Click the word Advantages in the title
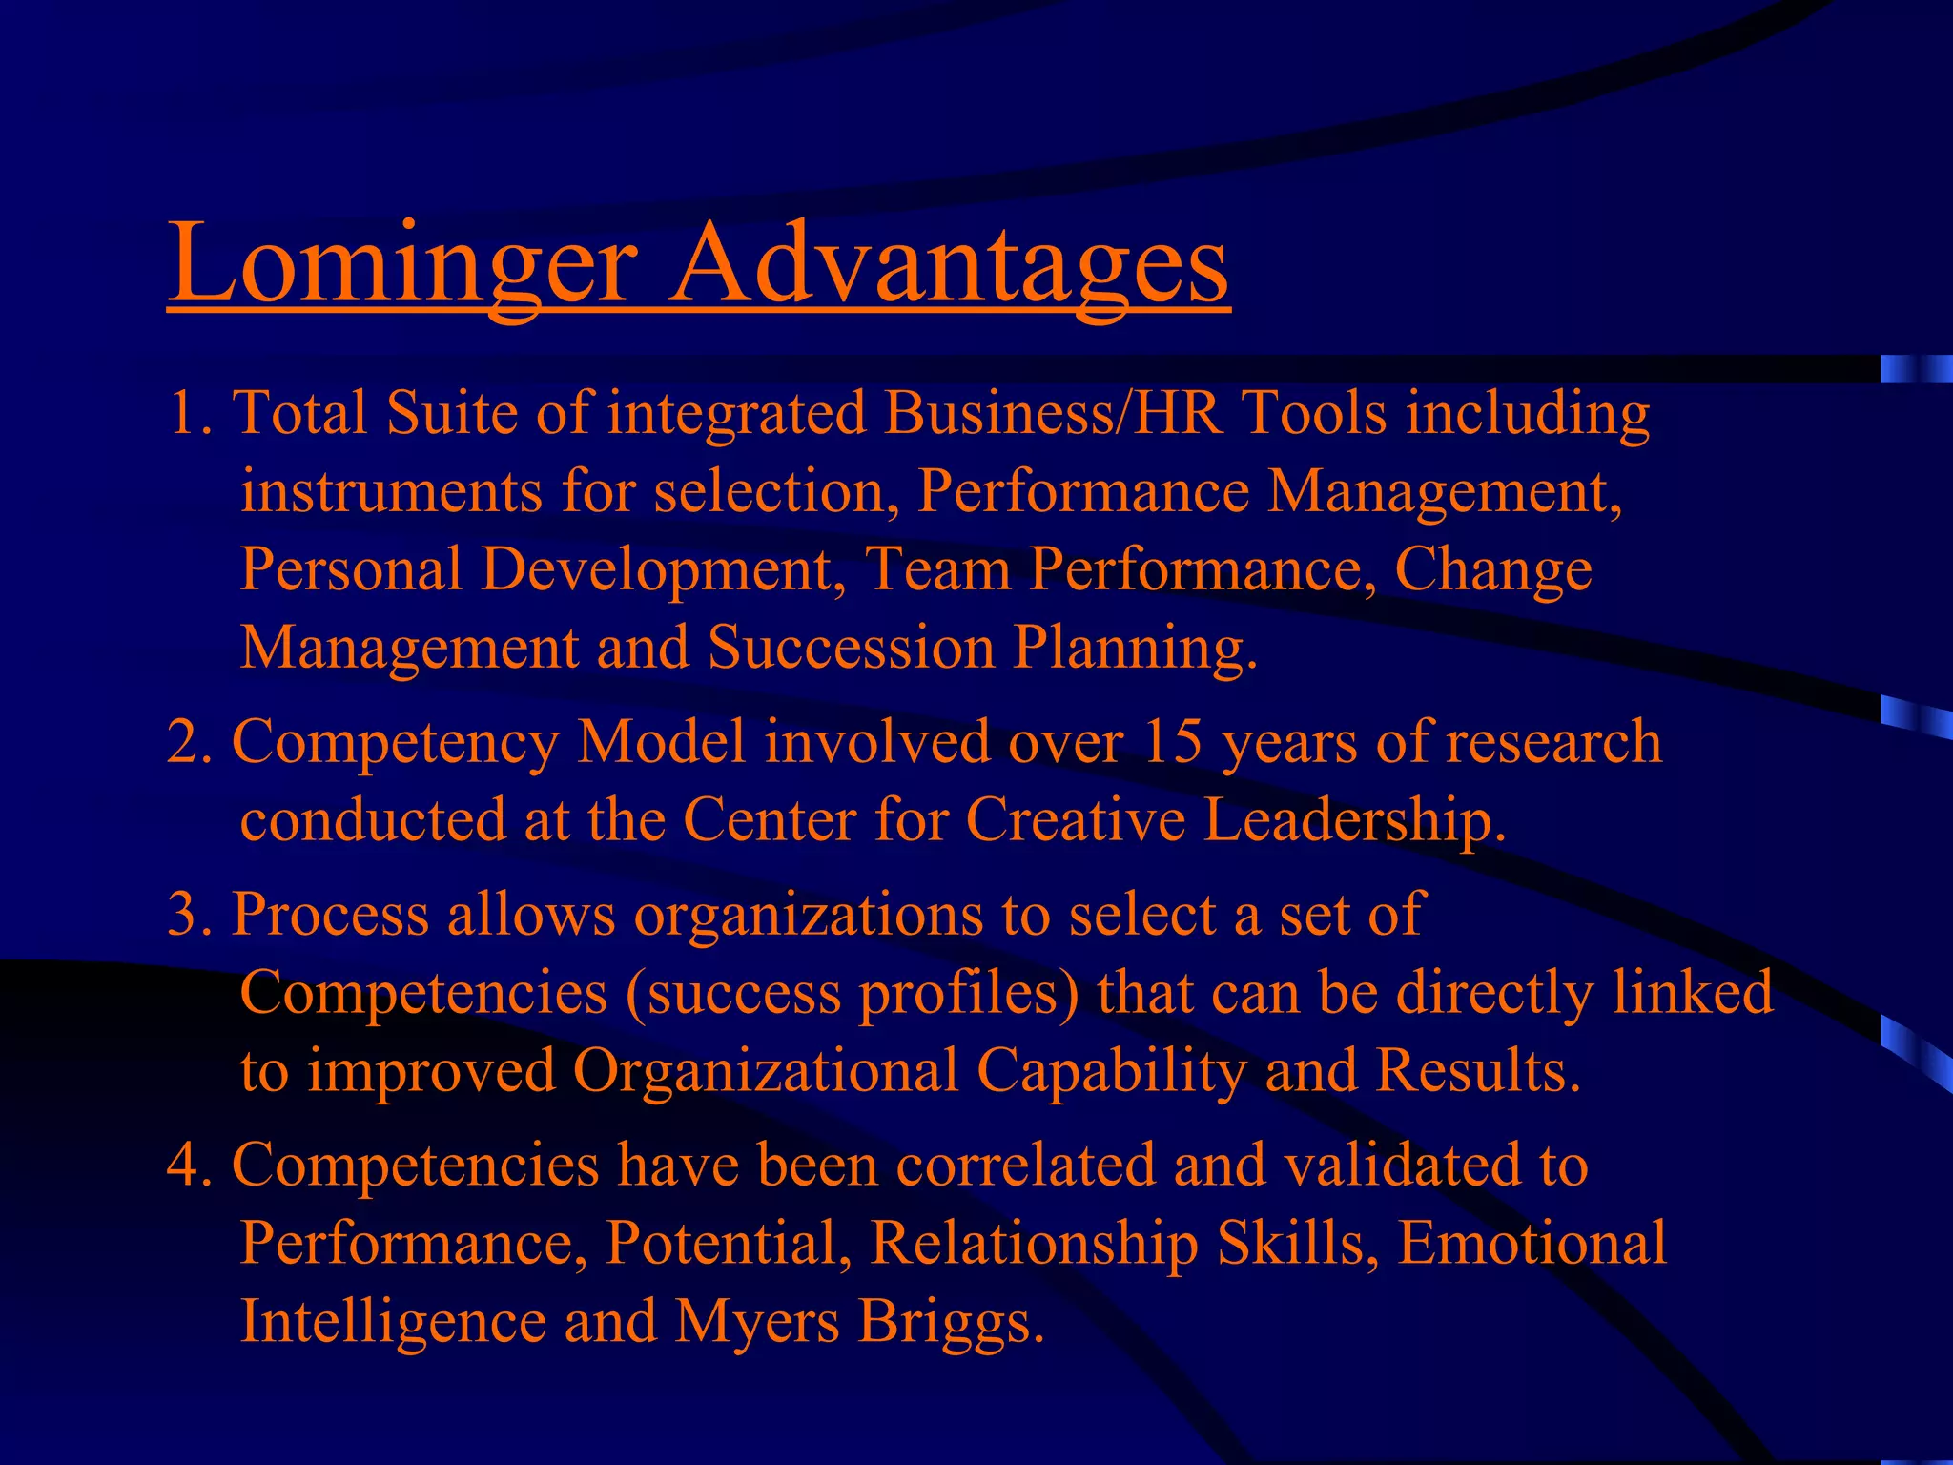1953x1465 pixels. click(x=950, y=262)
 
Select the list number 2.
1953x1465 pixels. click(x=186, y=742)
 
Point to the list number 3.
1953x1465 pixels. click(x=186, y=914)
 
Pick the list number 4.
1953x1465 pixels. click(x=186, y=1166)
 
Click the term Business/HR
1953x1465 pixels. click(x=1054, y=414)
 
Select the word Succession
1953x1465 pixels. click(x=851, y=648)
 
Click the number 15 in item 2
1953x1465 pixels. click(x=1172, y=742)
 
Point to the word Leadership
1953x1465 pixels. click(x=1354, y=820)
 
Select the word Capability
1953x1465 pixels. click(x=1111, y=1071)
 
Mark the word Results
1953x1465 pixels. click(x=1477, y=1071)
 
